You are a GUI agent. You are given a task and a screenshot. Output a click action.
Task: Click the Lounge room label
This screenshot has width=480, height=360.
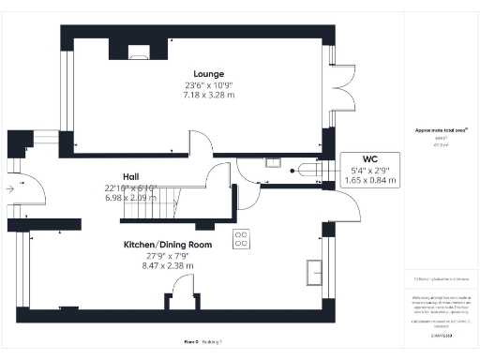coord(209,74)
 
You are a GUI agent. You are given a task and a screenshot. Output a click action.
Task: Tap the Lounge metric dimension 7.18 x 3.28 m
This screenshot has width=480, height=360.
coord(209,96)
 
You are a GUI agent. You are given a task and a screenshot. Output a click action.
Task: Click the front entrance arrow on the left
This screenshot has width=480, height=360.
coord(10,188)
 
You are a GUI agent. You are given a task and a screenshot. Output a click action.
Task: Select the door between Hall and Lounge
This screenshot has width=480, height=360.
coord(199,143)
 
